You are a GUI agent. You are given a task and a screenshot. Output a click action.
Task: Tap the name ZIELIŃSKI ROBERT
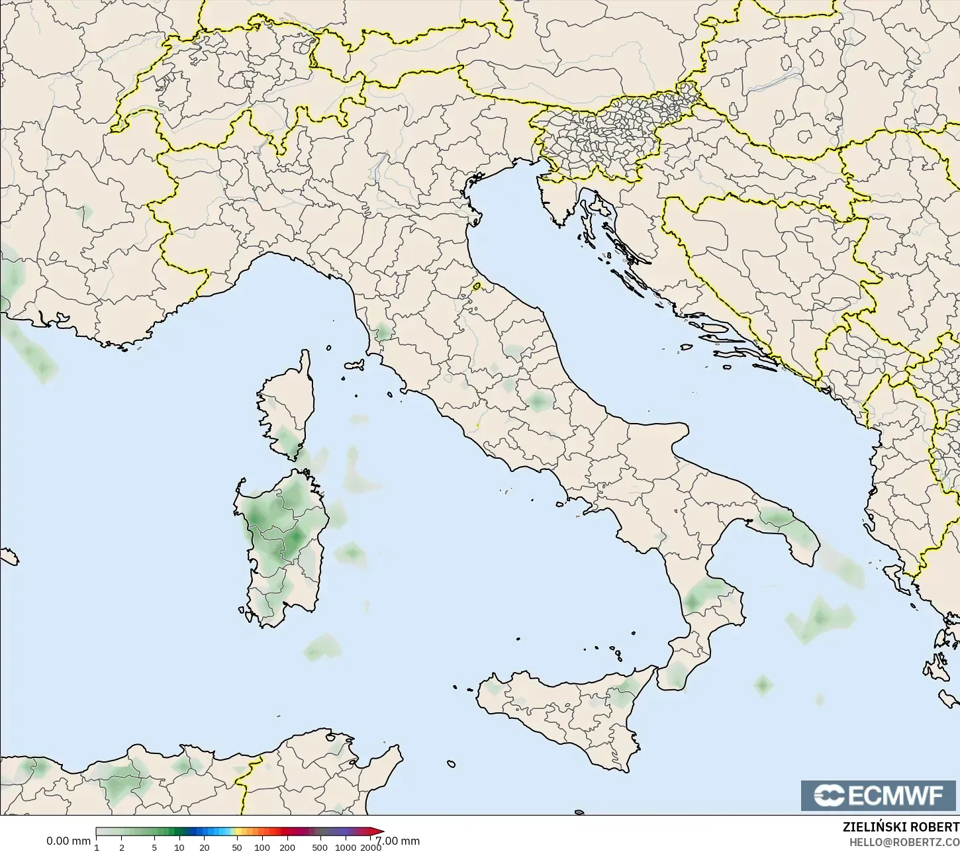[900, 828]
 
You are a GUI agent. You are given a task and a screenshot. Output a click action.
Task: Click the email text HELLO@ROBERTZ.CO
[904, 842]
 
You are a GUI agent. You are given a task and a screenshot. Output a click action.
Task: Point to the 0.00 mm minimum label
[68, 841]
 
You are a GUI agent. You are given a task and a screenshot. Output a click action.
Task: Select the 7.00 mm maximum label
[399, 841]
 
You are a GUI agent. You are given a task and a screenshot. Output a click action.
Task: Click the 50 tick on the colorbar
[237, 847]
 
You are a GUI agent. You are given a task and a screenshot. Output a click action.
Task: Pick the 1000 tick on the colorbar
[345, 847]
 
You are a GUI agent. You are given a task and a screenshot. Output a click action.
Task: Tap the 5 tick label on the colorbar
[154, 847]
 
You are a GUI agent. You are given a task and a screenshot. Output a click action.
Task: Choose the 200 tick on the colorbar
[287, 847]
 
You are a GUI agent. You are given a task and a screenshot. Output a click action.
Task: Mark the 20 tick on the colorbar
[204, 847]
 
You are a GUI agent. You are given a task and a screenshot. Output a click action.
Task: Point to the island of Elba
[354, 365]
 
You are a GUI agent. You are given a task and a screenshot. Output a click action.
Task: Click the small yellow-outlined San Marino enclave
[477, 287]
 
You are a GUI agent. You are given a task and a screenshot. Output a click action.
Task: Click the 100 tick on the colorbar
[262, 847]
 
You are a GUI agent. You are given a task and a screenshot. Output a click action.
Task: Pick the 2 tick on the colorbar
[122, 847]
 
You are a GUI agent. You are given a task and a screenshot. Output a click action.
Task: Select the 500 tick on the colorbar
[320, 847]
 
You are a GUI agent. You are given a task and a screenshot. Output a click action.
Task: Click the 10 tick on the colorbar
[179, 847]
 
